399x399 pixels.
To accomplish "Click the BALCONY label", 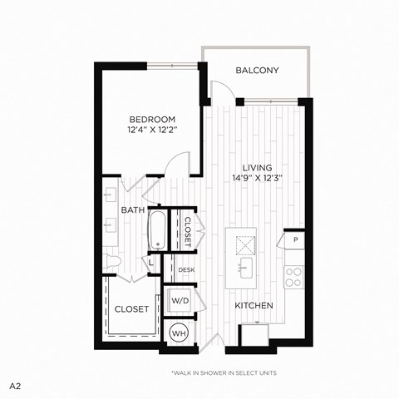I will (x=256, y=71).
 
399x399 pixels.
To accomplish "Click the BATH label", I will (x=133, y=210).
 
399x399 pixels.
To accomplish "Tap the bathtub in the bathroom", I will (x=156, y=230).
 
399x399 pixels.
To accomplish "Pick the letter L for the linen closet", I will (x=150, y=264).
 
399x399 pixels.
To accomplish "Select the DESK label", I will (x=185, y=269).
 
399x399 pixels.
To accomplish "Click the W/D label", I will (x=180, y=298).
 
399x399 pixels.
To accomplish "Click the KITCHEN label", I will (x=254, y=306).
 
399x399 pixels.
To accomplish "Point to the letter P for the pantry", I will (x=295, y=239).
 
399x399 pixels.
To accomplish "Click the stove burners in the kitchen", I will (x=293, y=276).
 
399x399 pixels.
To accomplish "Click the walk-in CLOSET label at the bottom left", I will (x=131, y=308).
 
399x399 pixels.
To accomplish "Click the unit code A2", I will (x=15, y=387).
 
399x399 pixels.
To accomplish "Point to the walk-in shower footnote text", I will (x=224, y=372).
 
